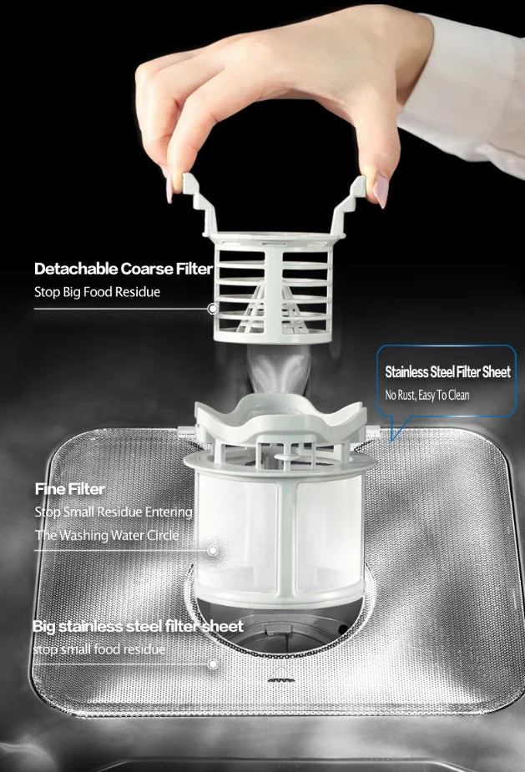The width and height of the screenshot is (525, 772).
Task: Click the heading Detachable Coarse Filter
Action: [x=124, y=269]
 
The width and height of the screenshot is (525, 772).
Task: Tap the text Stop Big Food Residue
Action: [x=97, y=292]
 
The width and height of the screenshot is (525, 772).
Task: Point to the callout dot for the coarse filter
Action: [x=212, y=309]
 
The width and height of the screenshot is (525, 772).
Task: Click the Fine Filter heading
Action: [x=69, y=489]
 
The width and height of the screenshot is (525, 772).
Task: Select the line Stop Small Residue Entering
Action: [x=114, y=512]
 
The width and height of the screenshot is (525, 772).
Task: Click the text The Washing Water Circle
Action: [x=107, y=535]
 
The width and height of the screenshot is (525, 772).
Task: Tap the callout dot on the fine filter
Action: [x=213, y=551]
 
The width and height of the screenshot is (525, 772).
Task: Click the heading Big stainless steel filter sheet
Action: [x=138, y=626]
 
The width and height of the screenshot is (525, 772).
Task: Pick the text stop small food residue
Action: [x=99, y=649]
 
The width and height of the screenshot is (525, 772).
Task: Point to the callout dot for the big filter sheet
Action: [x=213, y=664]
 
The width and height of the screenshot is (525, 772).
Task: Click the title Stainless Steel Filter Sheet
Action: [x=447, y=371]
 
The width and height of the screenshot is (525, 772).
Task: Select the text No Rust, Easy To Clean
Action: [x=427, y=395]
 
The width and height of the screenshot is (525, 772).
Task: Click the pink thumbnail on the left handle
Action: [x=169, y=189]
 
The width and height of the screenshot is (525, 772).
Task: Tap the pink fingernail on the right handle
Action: [x=381, y=190]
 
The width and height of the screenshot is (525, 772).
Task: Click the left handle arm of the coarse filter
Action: [x=200, y=204]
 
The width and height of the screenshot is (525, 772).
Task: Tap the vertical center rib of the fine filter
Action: [x=288, y=537]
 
